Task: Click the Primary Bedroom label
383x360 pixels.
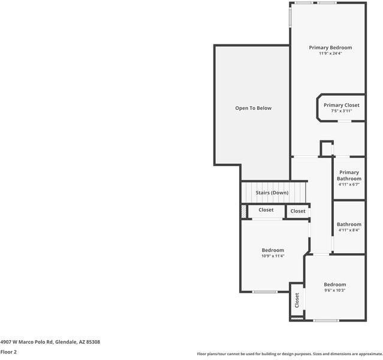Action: click(x=330, y=47)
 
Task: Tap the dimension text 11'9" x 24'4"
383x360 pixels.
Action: click(x=330, y=53)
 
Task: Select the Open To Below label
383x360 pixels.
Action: click(x=254, y=108)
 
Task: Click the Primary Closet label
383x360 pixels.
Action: click(x=342, y=105)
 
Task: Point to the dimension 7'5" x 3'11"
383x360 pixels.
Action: click(x=342, y=111)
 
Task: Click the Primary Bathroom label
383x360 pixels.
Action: click(x=349, y=176)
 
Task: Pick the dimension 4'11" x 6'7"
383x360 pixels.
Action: click(x=349, y=184)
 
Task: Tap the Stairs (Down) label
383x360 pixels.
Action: click(x=272, y=193)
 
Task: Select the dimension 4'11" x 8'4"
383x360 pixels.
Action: click(x=349, y=230)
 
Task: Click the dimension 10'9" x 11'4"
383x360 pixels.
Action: click(x=273, y=256)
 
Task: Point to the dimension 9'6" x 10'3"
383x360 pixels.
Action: click(x=334, y=290)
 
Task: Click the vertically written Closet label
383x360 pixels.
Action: click(x=297, y=300)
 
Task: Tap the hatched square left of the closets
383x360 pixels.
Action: click(x=243, y=211)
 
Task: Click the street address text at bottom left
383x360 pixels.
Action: click(x=50, y=342)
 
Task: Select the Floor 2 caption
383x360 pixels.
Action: click(x=8, y=352)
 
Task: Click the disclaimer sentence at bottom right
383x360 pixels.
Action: click(x=289, y=354)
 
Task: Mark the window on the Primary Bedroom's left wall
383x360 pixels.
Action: click(x=291, y=16)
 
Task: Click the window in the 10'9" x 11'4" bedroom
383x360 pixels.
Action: click(x=265, y=292)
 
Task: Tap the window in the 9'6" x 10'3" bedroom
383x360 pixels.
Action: click(x=326, y=320)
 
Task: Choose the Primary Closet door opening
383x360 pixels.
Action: click(x=345, y=121)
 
